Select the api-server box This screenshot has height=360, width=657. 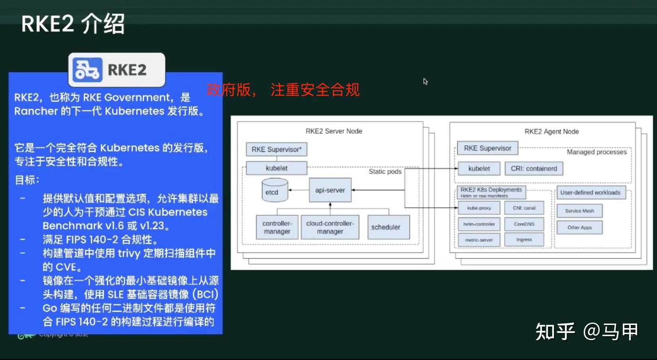tap(330, 190)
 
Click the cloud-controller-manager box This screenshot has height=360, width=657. tap(330, 227)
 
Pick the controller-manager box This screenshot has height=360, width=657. tap(277, 227)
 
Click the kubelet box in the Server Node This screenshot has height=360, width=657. tap(276, 168)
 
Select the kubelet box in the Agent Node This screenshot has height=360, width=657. tap(479, 168)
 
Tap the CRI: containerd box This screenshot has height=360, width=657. tap(534, 168)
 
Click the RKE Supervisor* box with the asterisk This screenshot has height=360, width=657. tap(276, 149)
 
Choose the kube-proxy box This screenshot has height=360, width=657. tap(479, 208)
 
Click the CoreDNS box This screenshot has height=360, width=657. tap(524, 224)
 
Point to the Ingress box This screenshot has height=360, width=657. tap(524, 240)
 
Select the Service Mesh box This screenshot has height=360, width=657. tap(579, 211)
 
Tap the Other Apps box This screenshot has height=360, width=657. tap(579, 227)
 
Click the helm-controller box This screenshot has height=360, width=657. tap(479, 224)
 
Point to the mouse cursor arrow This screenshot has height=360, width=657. tap(425, 81)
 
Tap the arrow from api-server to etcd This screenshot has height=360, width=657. tap(299, 190)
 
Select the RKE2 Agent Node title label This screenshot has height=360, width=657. tap(551, 131)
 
